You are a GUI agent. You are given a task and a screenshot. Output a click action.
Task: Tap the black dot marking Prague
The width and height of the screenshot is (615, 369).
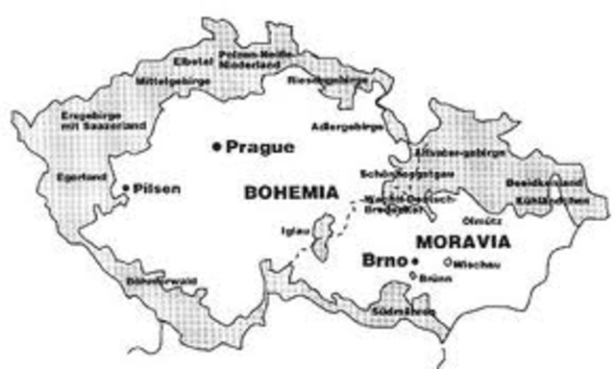point(217,147)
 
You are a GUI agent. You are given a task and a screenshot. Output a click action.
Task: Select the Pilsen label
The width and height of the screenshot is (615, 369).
point(157,188)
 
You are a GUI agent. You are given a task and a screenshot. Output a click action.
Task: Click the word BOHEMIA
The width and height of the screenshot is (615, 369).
point(292,192)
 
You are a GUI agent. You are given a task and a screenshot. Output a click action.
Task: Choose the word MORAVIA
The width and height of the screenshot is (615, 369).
point(464,241)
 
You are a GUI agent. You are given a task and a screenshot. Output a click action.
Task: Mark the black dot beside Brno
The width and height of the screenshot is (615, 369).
point(415,261)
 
